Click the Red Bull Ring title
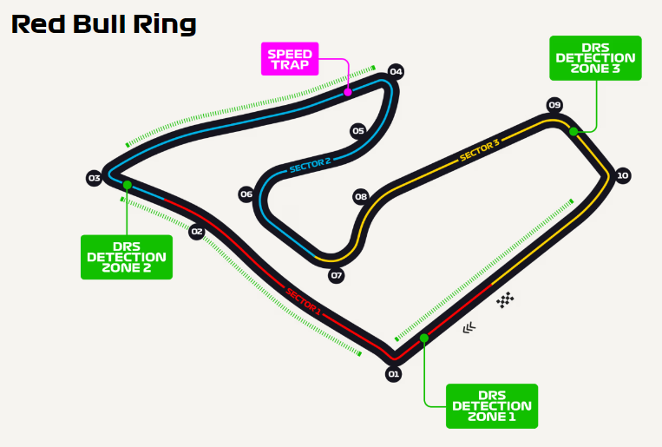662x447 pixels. coord(104,23)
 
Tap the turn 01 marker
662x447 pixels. coord(393,374)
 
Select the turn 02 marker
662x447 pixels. coord(197,232)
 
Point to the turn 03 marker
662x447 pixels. coord(95,178)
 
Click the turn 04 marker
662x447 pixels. coord(397,71)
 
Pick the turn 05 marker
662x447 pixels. coord(358,131)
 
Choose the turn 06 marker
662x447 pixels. coord(246,194)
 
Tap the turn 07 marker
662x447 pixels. coord(337,276)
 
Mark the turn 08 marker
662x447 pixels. coord(361,196)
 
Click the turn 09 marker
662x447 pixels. coord(554,105)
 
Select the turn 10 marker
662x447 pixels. coord(622,175)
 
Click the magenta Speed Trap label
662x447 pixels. coord(290,59)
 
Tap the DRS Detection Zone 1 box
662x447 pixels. coord(492,406)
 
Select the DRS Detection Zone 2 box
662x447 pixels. coord(127,257)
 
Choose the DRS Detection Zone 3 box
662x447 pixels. coord(595,57)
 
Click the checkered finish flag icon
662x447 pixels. coord(505,300)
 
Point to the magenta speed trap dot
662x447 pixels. coord(347,91)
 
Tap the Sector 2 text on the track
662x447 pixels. coord(311,165)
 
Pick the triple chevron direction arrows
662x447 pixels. coord(469,328)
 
